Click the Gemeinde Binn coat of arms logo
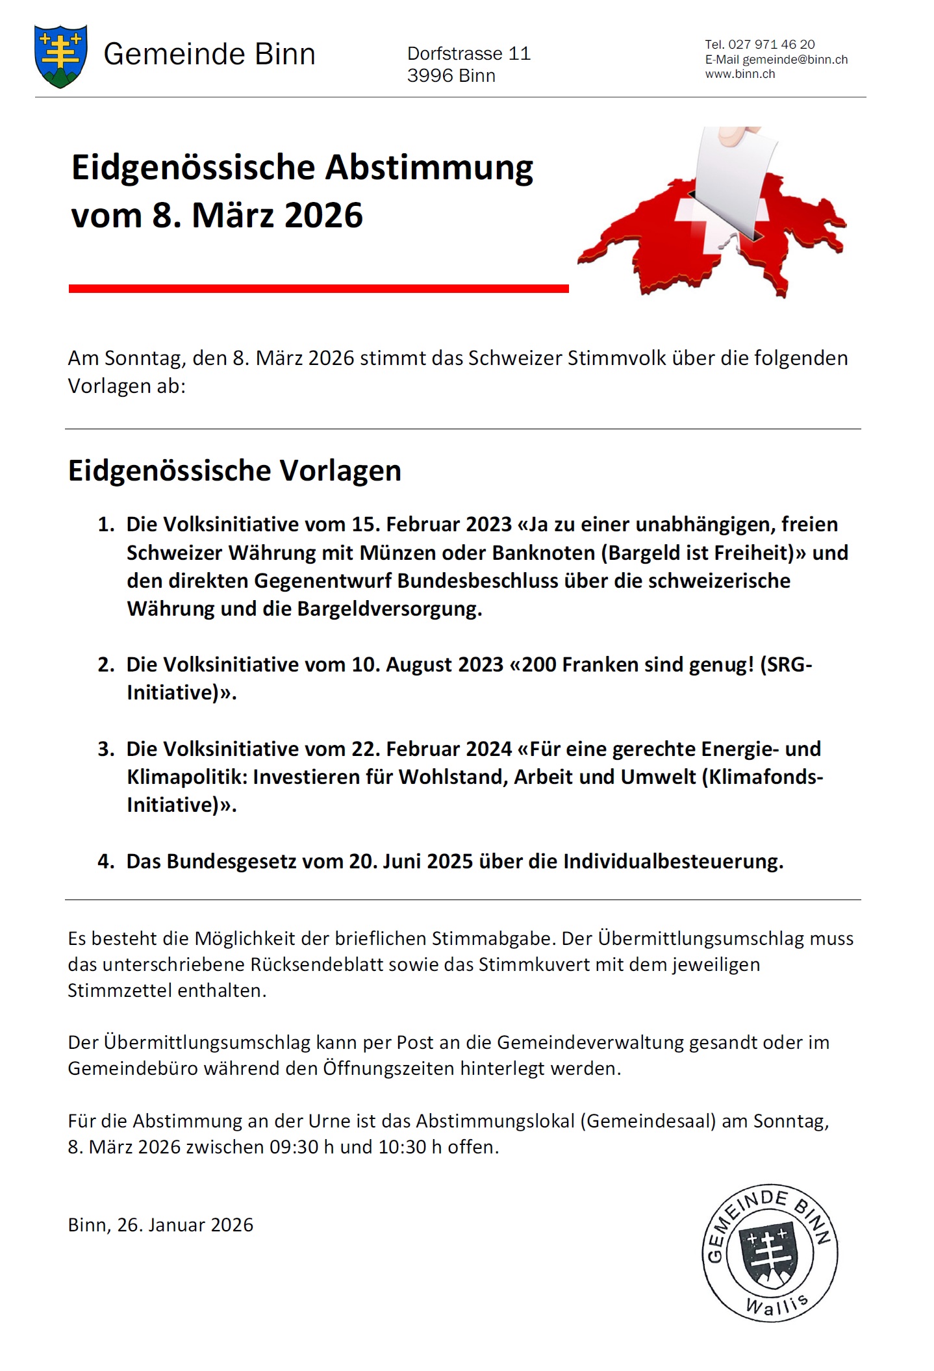[60, 56]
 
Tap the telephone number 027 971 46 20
[771, 44]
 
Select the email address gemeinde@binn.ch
[795, 59]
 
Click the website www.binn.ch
[740, 74]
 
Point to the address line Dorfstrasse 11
[468, 53]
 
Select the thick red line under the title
[318, 288]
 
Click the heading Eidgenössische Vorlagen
[234, 470]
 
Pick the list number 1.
[106, 524]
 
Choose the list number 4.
[106, 861]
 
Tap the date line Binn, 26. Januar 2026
[160, 1225]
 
